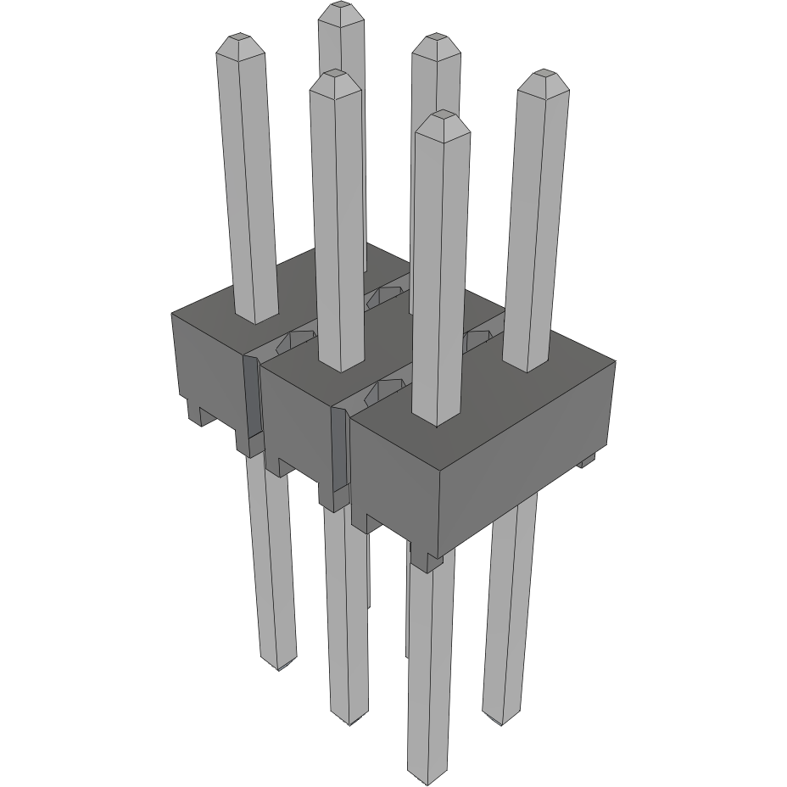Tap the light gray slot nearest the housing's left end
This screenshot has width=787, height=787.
(x=251, y=399)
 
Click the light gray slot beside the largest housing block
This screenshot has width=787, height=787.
(x=338, y=449)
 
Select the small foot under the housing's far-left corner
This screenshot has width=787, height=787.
(x=193, y=413)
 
